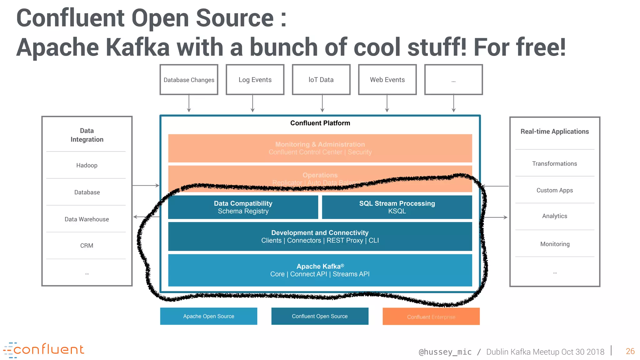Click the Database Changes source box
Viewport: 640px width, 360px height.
click(189, 80)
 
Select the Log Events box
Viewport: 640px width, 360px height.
click(255, 80)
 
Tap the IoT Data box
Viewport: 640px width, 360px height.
click(321, 80)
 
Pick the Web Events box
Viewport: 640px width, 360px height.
click(387, 80)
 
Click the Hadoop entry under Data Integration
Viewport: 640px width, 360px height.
click(87, 165)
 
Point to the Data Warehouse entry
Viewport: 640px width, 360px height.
click(87, 219)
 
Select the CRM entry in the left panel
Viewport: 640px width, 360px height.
click(87, 246)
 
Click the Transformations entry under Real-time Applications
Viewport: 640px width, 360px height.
click(554, 163)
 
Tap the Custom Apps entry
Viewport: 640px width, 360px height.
click(554, 190)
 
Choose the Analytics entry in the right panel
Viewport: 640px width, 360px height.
click(554, 216)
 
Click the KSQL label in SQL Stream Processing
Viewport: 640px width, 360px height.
click(397, 211)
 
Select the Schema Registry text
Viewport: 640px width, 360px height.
click(243, 211)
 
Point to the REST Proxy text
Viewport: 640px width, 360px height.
click(345, 240)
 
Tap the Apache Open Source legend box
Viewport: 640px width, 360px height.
click(208, 316)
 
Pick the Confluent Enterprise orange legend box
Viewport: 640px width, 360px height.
click(431, 317)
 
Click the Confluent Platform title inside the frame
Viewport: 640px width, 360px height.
click(320, 123)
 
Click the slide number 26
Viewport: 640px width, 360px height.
click(630, 351)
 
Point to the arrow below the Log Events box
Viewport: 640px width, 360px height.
click(252, 103)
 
